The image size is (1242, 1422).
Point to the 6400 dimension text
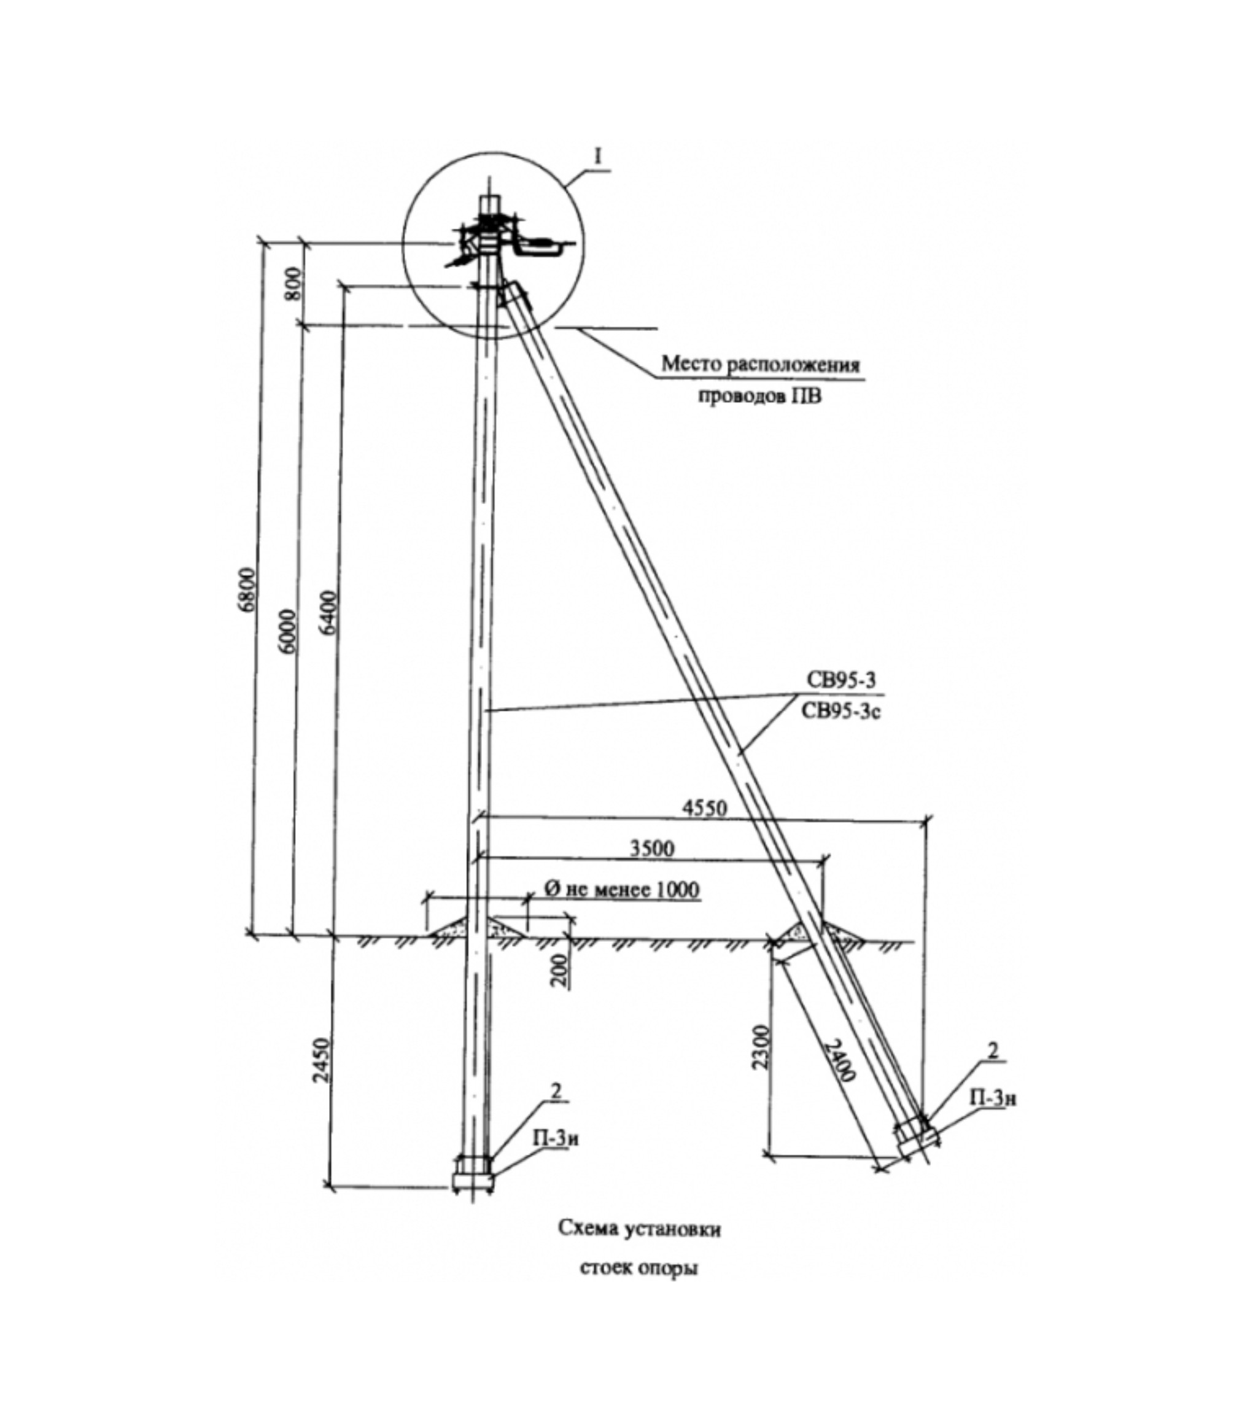click(328, 611)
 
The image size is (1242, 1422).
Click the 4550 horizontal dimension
click(704, 808)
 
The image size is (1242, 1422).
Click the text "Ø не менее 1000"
click(621, 889)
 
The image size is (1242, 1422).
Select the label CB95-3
click(840, 680)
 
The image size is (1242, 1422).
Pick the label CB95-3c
click(840, 712)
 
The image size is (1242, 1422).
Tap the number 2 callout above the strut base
click(993, 1052)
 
